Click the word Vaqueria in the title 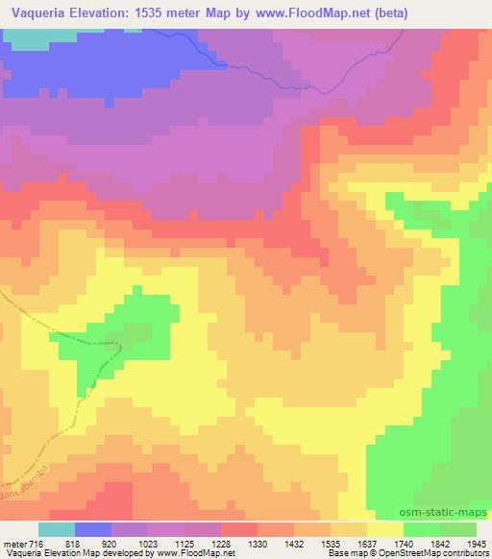pyautogui.click(x=37, y=13)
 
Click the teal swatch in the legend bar pyautogui.click(x=56, y=529)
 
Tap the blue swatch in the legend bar pyautogui.click(x=93, y=529)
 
